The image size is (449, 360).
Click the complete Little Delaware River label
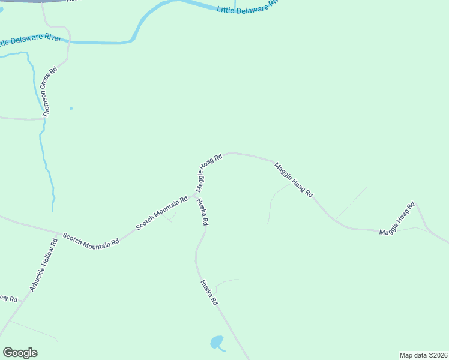click(x=247, y=7)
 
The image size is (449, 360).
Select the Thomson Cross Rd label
click(x=49, y=91)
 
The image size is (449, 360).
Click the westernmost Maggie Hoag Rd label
click(x=209, y=172)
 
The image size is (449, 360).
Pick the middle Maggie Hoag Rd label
click(x=294, y=180)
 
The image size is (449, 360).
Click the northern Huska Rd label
click(x=202, y=211)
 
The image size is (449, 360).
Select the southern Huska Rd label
click(x=208, y=293)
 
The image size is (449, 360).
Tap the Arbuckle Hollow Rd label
click(x=43, y=265)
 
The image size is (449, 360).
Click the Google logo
click(x=20, y=353)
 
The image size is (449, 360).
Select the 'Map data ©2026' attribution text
click(x=423, y=355)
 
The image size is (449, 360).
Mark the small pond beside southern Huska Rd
click(x=216, y=343)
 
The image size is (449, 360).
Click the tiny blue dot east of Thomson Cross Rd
click(x=71, y=108)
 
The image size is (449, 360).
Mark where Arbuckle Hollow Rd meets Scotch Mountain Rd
click(x=58, y=232)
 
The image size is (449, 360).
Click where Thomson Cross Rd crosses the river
click(x=68, y=43)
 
